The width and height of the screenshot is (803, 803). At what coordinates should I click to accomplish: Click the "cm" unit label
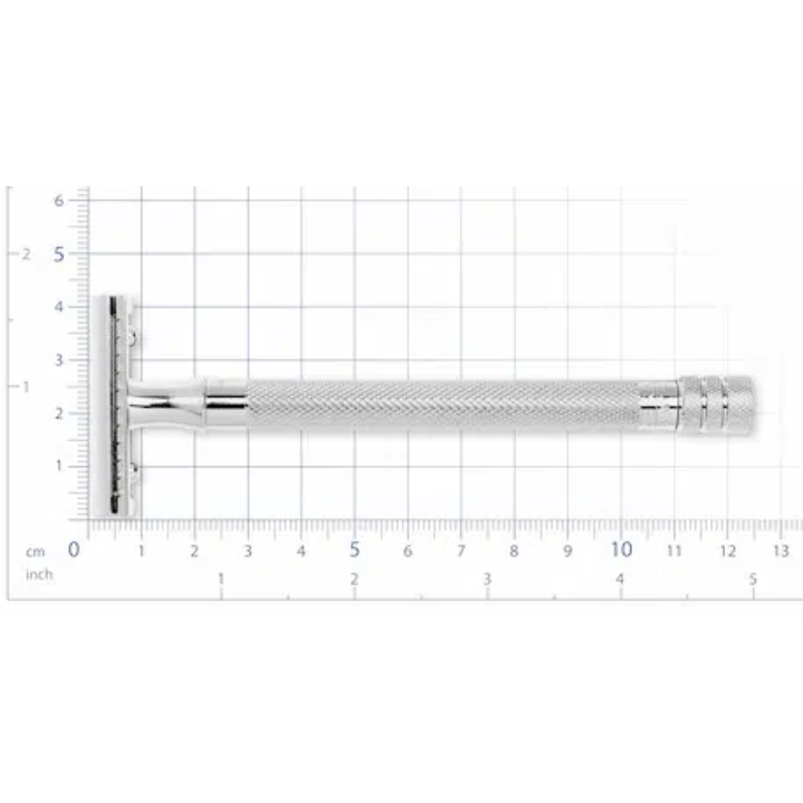[x=35, y=552]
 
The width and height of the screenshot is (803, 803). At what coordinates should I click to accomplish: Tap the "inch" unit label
[x=39, y=574]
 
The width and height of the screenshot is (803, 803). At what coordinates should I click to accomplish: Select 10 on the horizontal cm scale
[x=621, y=550]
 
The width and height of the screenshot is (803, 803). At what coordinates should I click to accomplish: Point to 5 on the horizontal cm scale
[x=354, y=550]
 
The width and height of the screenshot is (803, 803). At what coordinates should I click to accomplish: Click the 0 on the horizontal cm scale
[x=74, y=550]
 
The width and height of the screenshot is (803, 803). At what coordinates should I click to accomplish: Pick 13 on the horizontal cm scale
[x=781, y=551]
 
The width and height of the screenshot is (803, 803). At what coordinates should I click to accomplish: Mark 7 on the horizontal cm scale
[x=461, y=551]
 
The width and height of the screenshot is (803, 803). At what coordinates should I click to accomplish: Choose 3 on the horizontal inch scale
[x=487, y=578]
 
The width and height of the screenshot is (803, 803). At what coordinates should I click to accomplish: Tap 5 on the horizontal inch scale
[x=752, y=578]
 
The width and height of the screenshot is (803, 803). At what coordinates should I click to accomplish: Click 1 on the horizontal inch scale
[x=221, y=578]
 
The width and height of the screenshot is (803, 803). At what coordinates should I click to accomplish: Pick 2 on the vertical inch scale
[x=26, y=254]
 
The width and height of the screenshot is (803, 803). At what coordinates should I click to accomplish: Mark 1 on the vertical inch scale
[x=26, y=386]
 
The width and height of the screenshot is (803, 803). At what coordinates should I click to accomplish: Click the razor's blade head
[x=116, y=406]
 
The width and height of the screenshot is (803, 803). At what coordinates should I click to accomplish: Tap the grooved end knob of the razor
[x=715, y=406]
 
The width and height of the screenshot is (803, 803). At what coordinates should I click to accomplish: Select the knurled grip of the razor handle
[x=442, y=406]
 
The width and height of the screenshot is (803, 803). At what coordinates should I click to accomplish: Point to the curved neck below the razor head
[x=165, y=406]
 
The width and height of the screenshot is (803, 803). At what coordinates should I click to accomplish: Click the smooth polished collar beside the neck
[x=226, y=406]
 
